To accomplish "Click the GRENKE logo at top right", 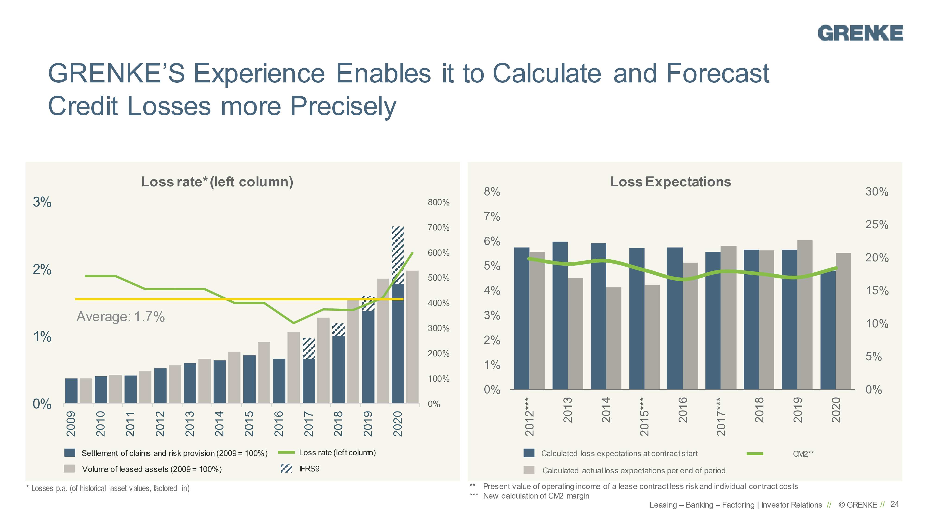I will point(860,33).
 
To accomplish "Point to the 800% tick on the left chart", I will point(438,202).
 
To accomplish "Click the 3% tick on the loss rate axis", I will point(42,202).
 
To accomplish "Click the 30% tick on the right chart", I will point(877,192).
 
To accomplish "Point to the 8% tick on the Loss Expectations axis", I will point(492,192).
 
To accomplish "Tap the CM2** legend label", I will point(803,454).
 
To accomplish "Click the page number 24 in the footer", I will point(895,504).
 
